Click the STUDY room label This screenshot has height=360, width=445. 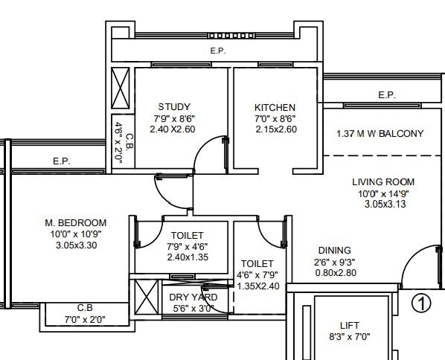(174, 107)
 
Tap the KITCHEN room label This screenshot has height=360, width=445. (275, 107)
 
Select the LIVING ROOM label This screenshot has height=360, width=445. (384, 181)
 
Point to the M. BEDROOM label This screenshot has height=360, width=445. (77, 222)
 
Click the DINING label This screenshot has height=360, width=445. (333, 251)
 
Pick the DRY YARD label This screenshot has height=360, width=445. (179, 297)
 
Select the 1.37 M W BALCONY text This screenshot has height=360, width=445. (380, 134)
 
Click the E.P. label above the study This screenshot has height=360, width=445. (217, 51)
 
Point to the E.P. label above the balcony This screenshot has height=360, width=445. (386, 94)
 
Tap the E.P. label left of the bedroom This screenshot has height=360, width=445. (62, 161)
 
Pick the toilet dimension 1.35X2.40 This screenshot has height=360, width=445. (257, 285)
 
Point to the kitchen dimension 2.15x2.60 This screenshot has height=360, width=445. (275, 129)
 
